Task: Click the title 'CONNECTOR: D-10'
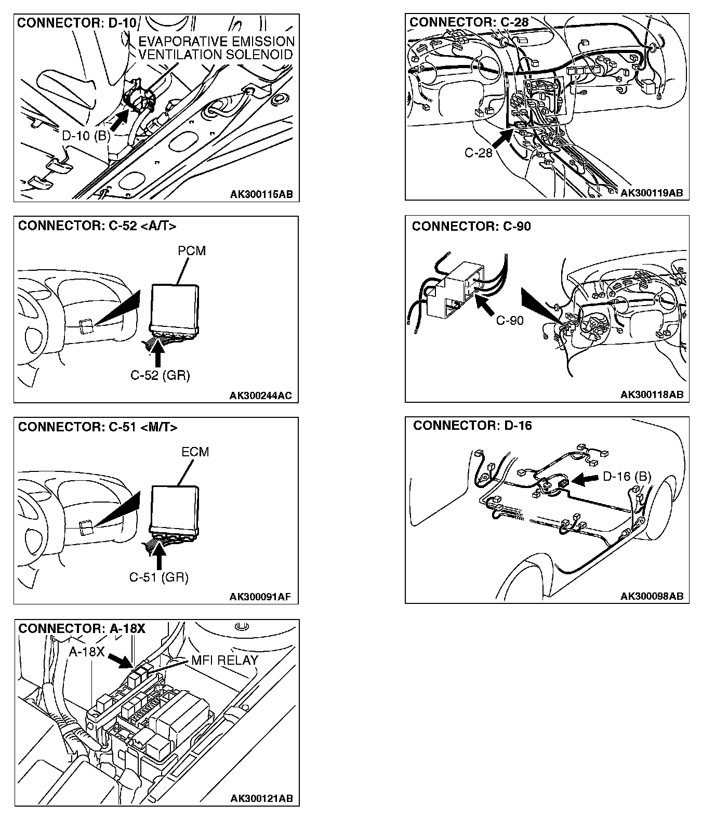pyautogui.click(x=76, y=23)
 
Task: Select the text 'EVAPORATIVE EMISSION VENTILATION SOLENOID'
pyautogui.click(x=216, y=48)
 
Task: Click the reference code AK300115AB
pyautogui.click(x=261, y=194)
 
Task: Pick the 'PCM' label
pyautogui.click(x=192, y=251)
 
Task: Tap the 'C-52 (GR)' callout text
pyautogui.click(x=160, y=375)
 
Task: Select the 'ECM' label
pyautogui.click(x=195, y=452)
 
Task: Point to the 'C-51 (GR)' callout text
pyautogui.click(x=159, y=577)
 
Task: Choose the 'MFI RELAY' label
pyautogui.click(x=224, y=660)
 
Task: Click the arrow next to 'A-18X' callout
pyautogui.click(x=120, y=660)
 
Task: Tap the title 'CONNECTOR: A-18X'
pyautogui.click(x=82, y=628)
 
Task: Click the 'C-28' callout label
pyautogui.click(x=478, y=153)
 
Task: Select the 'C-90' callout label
pyautogui.click(x=510, y=321)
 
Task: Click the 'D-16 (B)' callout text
pyautogui.click(x=627, y=477)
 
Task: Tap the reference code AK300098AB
pyautogui.click(x=652, y=596)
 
